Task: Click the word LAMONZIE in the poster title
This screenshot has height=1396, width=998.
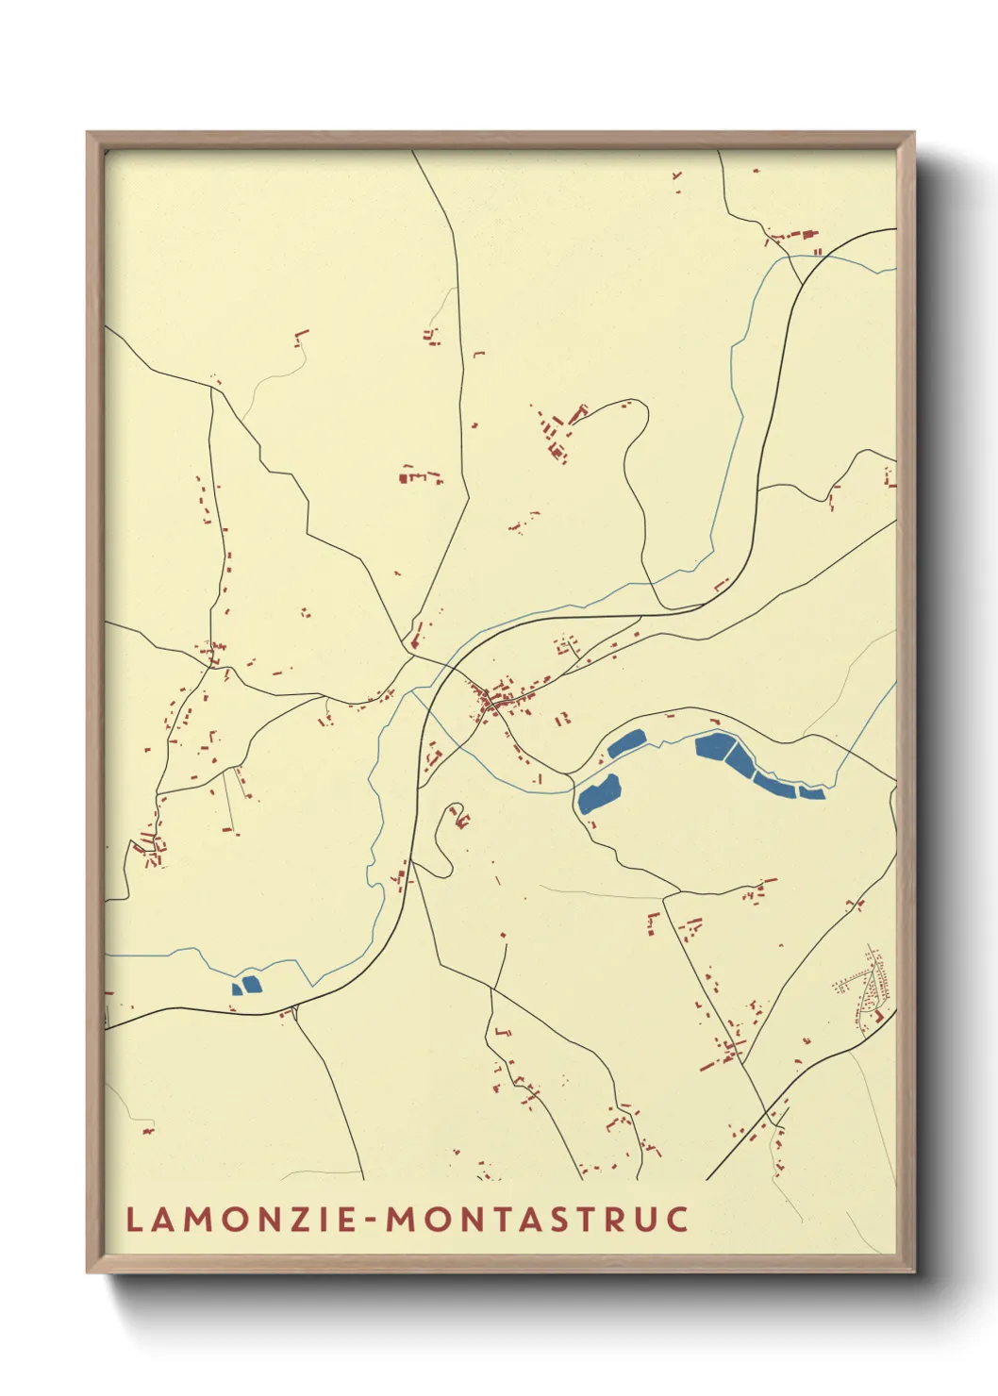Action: coord(241,1220)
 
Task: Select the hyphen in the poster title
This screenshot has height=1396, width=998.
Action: coord(373,1221)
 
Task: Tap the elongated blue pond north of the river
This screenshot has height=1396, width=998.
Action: coord(625,743)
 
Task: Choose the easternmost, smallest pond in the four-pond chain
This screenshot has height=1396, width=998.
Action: coord(811,792)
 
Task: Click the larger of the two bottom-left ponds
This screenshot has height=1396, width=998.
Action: coord(251,985)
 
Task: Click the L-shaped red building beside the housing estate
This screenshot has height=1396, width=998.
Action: coord(878,1017)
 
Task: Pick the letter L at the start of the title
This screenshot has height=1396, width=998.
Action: coord(133,1220)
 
